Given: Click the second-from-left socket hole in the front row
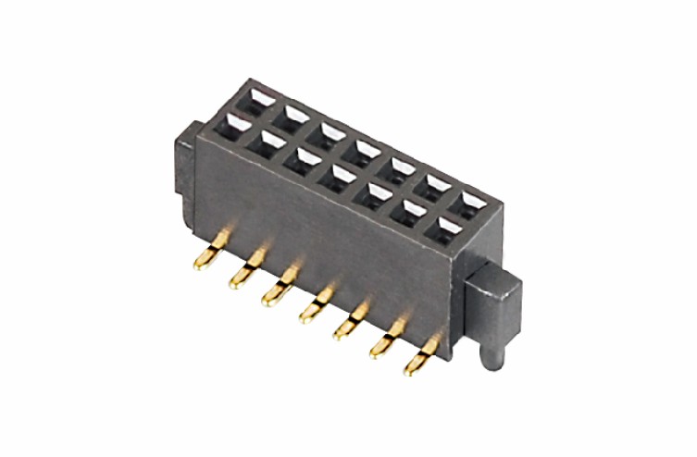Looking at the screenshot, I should coord(269,140).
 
